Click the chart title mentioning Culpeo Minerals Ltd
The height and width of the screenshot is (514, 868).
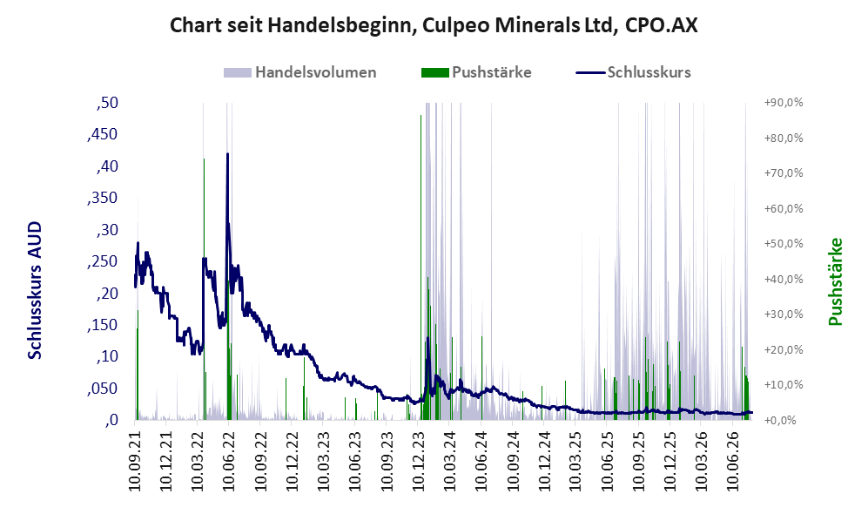434,25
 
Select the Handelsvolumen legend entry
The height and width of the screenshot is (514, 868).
300,72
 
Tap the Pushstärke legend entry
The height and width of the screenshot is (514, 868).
476,72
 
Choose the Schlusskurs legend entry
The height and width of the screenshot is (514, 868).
633,72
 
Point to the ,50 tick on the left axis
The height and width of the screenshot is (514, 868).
107,103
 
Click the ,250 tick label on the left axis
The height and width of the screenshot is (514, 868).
103,261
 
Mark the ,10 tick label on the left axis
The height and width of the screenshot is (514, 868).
107,356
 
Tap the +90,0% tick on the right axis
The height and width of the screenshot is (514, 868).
784,103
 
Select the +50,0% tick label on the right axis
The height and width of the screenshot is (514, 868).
784,244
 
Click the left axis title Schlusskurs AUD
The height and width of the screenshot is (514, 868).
35,290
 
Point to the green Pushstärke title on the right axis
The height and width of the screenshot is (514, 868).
835,281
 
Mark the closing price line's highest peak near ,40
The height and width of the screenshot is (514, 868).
227,154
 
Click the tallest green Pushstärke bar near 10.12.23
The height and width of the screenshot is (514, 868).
421,267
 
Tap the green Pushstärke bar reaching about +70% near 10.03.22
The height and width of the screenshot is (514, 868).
204,289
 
